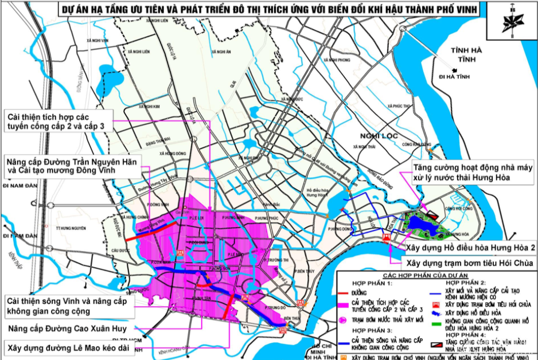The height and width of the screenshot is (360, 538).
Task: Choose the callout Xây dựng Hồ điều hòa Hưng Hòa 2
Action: pyautogui.click(x=471, y=248)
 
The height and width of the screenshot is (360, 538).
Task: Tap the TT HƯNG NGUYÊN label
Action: pyautogui.click(x=71, y=228)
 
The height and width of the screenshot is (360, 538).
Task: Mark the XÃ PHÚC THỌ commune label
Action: pyautogui.click(x=400, y=106)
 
